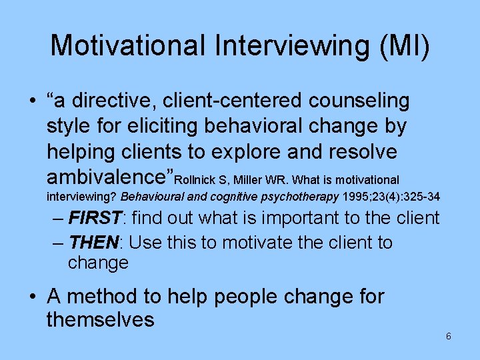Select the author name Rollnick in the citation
click(x=197, y=180)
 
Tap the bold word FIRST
click(x=97, y=218)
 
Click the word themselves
click(x=100, y=320)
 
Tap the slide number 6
click(x=449, y=337)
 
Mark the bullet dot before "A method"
click(x=33, y=296)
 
